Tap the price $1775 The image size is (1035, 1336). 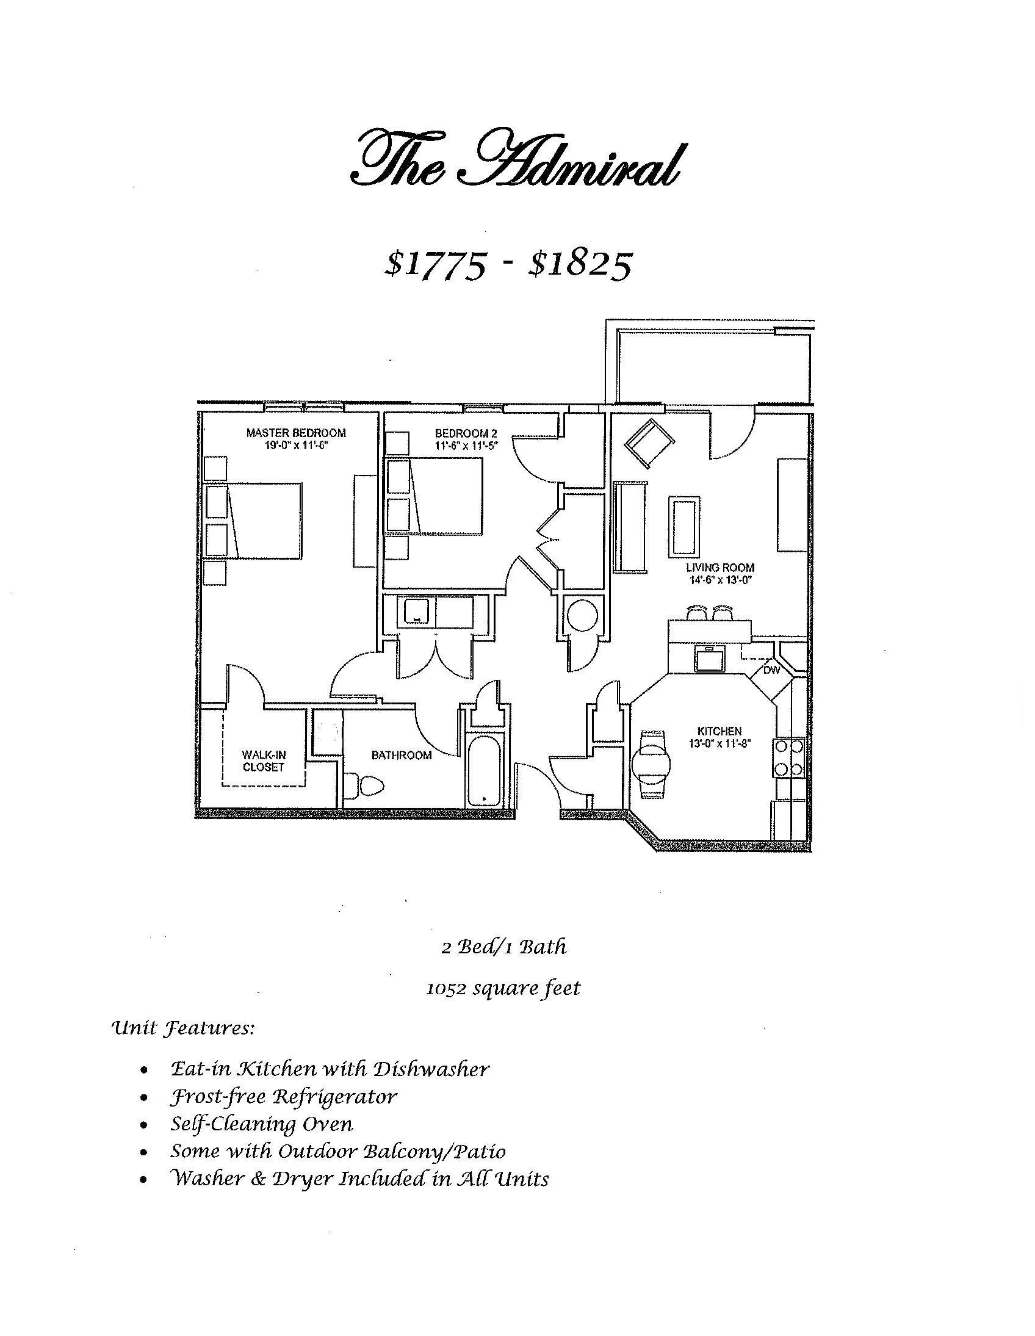click(436, 264)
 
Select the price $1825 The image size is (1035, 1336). click(579, 264)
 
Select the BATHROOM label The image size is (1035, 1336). click(402, 756)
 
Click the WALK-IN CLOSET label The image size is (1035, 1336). click(264, 761)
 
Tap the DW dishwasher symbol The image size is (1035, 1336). click(772, 671)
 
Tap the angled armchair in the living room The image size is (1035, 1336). click(649, 442)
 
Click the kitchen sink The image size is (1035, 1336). click(710, 657)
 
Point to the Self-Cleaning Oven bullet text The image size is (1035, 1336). click(262, 1124)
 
